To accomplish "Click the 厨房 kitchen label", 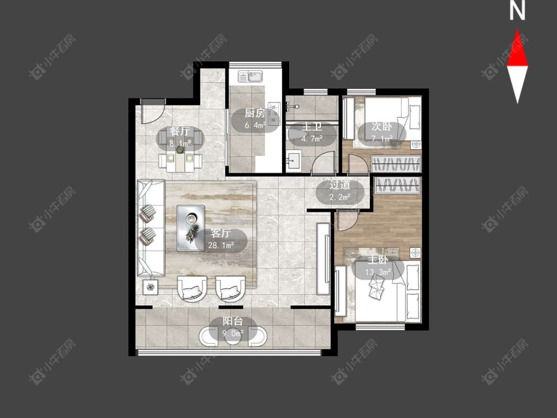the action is click(254, 113).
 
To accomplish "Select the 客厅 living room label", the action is click(221, 233).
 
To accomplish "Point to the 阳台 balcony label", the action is click(233, 321).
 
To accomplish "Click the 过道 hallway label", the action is click(340, 185).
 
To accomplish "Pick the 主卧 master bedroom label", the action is click(378, 260).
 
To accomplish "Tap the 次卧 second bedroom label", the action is click(382, 126).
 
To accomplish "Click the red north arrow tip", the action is click(517, 29).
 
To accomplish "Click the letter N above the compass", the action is click(517, 11).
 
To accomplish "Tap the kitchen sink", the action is click(251, 76).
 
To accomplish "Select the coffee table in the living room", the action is click(191, 228).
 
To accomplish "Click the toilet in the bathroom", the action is click(294, 135).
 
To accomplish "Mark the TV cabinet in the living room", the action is click(324, 259).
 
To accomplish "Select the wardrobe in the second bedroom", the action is click(396, 164).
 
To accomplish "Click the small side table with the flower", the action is click(151, 286).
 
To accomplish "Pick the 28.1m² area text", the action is click(221, 245).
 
